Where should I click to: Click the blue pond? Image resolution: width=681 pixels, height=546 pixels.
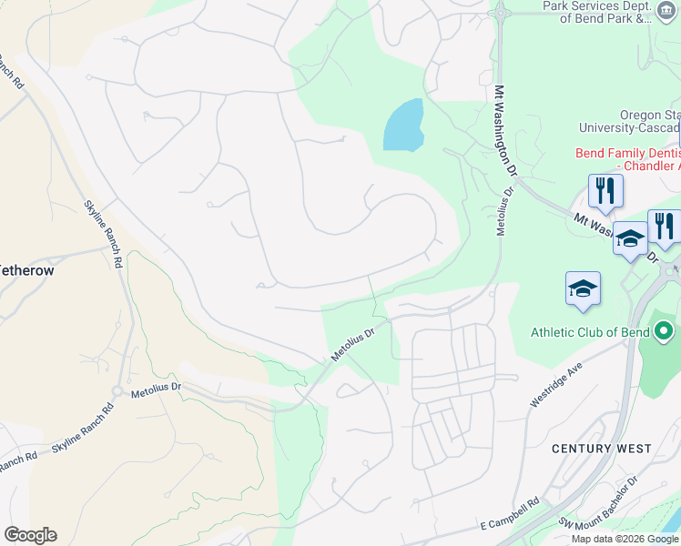(403, 126)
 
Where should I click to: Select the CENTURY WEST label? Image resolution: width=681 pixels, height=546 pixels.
(601, 449)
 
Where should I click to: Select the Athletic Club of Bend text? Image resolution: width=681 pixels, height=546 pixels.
(593, 331)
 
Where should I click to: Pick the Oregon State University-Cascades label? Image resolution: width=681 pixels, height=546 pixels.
(648, 122)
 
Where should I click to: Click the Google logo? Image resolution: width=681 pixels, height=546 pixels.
(30, 535)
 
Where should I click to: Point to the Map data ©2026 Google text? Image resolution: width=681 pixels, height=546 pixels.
(624, 538)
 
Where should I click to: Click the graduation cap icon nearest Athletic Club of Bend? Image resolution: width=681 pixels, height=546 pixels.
(583, 289)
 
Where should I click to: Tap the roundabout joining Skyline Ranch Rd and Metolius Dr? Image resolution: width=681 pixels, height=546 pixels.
(117, 391)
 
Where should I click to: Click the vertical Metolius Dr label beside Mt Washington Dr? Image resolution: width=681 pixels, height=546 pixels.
(500, 209)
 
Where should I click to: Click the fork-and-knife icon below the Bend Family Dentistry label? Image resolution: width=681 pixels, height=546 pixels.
(605, 191)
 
